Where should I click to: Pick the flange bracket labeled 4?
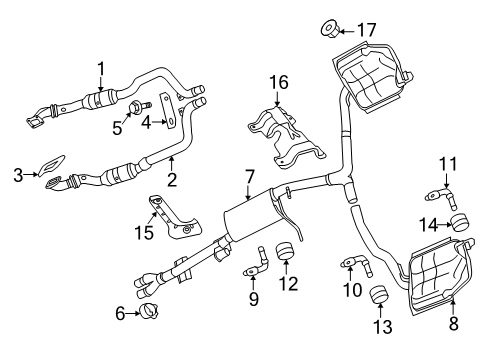(x=171, y=121)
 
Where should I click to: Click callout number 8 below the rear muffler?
(x=453, y=324)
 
